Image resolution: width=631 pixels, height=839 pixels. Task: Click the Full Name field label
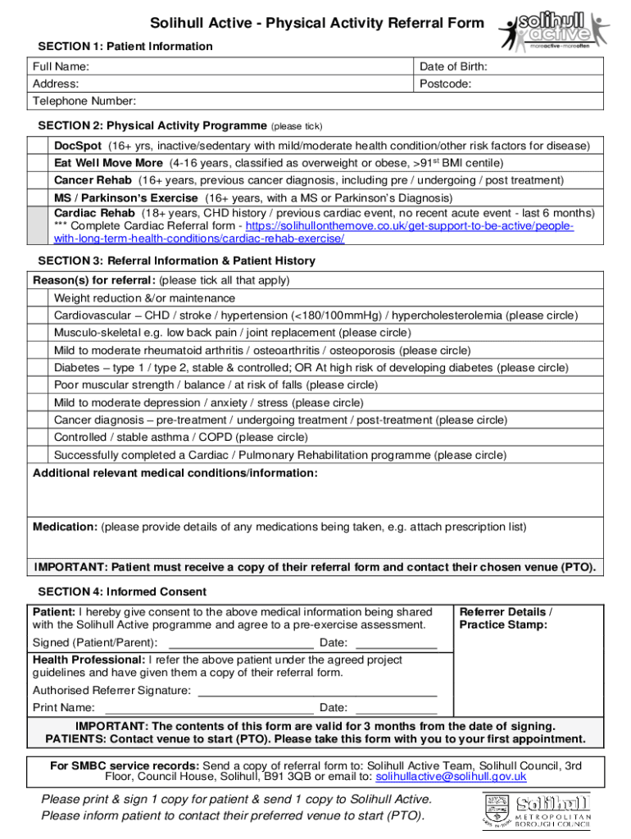click(61, 66)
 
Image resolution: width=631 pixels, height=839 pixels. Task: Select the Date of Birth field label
click(453, 66)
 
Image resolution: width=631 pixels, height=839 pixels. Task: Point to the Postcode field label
click(445, 84)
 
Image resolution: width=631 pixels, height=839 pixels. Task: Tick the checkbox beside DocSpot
click(39, 145)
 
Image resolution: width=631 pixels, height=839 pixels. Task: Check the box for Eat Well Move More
click(39, 162)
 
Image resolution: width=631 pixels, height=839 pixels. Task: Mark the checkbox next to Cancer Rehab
click(39, 179)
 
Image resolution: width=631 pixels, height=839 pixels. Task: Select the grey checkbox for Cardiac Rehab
click(39, 225)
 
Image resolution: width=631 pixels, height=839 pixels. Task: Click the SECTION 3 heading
click(176, 261)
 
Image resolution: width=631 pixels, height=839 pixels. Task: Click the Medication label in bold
click(65, 527)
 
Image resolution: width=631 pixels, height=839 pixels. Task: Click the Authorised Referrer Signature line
click(324, 691)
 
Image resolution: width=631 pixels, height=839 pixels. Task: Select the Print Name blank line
click(209, 709)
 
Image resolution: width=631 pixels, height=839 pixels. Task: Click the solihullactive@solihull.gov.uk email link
click(451, 776)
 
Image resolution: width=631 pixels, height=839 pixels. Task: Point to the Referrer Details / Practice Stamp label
click(506, 619)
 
